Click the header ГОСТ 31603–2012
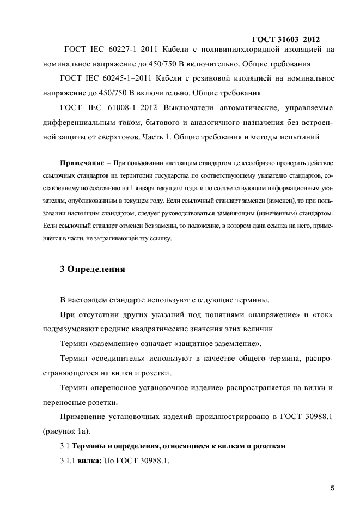286,39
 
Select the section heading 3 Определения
93,269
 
